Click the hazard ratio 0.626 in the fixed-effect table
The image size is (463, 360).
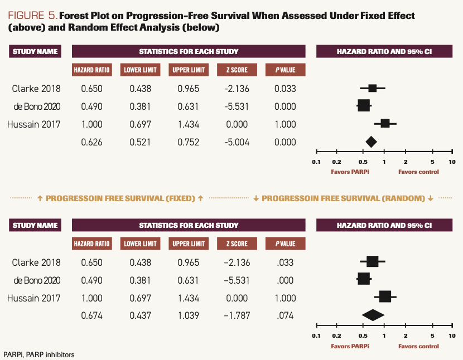92,142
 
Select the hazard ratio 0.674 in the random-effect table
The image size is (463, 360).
92,316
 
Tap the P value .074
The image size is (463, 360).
284,316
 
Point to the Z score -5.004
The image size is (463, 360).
237,142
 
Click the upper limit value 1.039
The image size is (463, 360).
189,316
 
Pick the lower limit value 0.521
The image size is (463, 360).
140,142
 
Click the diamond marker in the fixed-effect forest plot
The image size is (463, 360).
371,142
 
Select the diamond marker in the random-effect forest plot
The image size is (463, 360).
373,315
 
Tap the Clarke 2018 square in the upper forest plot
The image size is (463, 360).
372,88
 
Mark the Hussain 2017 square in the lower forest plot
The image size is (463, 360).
385,298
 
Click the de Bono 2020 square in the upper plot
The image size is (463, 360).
363,105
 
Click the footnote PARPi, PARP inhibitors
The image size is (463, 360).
38,354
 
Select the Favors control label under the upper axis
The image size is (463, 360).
418,172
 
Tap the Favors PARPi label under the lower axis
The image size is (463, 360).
350,346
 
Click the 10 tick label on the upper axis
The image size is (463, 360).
452,162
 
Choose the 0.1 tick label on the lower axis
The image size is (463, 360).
316,336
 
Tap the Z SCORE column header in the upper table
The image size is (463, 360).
237,70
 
